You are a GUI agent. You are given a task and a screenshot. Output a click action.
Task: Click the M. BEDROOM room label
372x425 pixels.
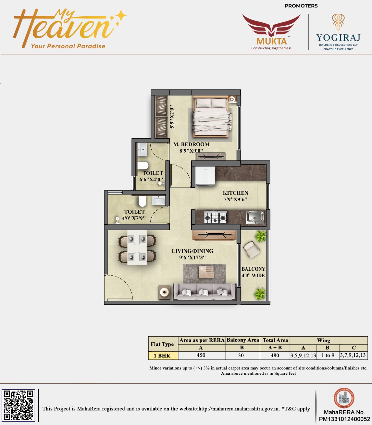191,144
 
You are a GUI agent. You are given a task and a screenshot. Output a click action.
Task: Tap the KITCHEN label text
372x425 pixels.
235,193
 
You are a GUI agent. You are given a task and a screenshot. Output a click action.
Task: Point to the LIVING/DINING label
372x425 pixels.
192,251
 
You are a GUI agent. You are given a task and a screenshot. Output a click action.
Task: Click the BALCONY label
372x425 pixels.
253,269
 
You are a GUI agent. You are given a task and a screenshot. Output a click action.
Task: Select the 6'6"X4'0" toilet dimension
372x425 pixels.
151,180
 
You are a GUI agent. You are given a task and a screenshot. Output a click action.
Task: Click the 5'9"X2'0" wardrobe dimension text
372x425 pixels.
172,117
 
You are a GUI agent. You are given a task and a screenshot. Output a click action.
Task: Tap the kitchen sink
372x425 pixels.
255,217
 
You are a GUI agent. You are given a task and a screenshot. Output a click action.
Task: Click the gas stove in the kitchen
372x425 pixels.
215,217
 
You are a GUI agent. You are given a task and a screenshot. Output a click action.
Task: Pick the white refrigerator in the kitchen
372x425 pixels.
205,176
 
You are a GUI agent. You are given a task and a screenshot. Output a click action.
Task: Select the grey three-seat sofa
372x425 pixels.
204,292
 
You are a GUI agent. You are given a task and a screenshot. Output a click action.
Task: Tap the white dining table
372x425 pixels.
137,248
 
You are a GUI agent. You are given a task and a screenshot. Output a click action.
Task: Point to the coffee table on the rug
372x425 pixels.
206,272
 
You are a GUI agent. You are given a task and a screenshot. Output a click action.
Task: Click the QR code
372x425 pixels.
18,405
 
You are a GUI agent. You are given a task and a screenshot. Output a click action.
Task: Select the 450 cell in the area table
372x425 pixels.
201,355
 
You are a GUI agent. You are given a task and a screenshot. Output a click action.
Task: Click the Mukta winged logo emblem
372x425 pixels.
271,25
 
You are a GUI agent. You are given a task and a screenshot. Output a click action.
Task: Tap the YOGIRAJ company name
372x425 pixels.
338,38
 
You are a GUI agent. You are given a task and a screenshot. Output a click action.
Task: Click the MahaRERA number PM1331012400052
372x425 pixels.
344,419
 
